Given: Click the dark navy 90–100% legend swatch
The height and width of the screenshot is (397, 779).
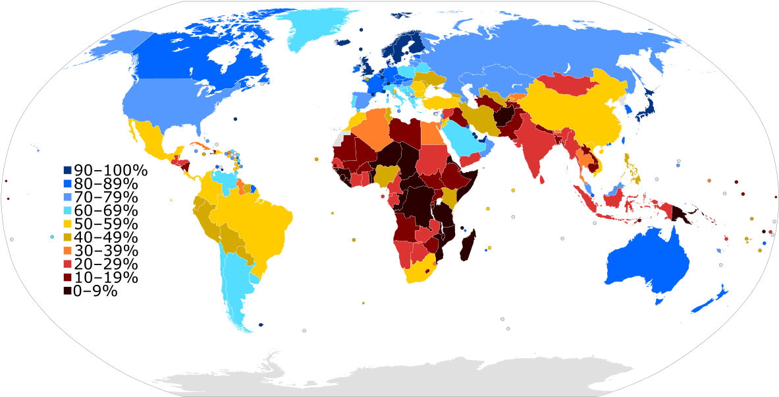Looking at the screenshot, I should [x=68, y=171].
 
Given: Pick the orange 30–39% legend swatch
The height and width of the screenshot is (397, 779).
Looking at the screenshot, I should [x=68, y=251].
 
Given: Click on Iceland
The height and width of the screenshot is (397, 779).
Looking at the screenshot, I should [x=343, y=42].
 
